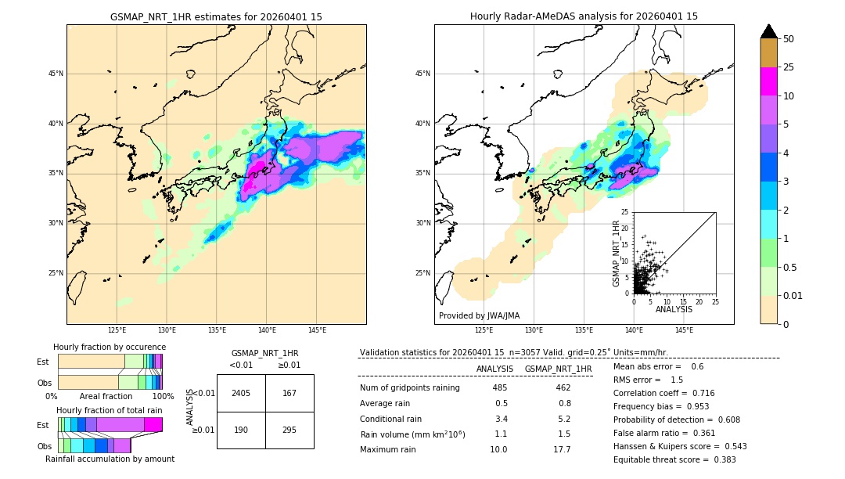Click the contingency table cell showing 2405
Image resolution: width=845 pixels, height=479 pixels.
pyautogui.click(x=241, y=393)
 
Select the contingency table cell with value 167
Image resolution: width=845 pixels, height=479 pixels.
pyautogui.click(x=289, y=393)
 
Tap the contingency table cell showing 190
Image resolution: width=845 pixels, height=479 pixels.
pyautogui.click(x=241, y=430)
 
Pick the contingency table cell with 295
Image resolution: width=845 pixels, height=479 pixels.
pyautogui.click(x=289, y=430)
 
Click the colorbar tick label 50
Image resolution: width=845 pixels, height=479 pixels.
pyautogui.click(x=789, y=39)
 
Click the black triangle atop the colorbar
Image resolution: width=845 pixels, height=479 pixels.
pyautogui.click(x=768, y=31)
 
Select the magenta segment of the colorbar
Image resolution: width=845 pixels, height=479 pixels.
pyautogui.click(x=768, y=81)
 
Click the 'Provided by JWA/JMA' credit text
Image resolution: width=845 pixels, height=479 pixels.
pyautogui.click(x=479, y=315)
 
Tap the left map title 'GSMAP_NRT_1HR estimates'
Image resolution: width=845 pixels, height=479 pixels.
pyautogui.click(x=216, y=16)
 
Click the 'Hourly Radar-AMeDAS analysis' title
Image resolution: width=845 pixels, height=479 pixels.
pyautogui.click(x=584, y=16)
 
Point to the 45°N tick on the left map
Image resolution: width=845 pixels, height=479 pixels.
pyautogui.click(x=56, y=74)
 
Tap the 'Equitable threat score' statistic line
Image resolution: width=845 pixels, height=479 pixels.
pyautogui.click(x=674, y=459)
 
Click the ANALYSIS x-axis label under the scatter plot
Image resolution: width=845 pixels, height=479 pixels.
pyautogui.click(x=673, y=309)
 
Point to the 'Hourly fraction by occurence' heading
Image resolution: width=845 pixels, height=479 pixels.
pyautogui.click(x=110, y=347)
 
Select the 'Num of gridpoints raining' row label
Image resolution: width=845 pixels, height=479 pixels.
pyautogui.click(x=409, y=388)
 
